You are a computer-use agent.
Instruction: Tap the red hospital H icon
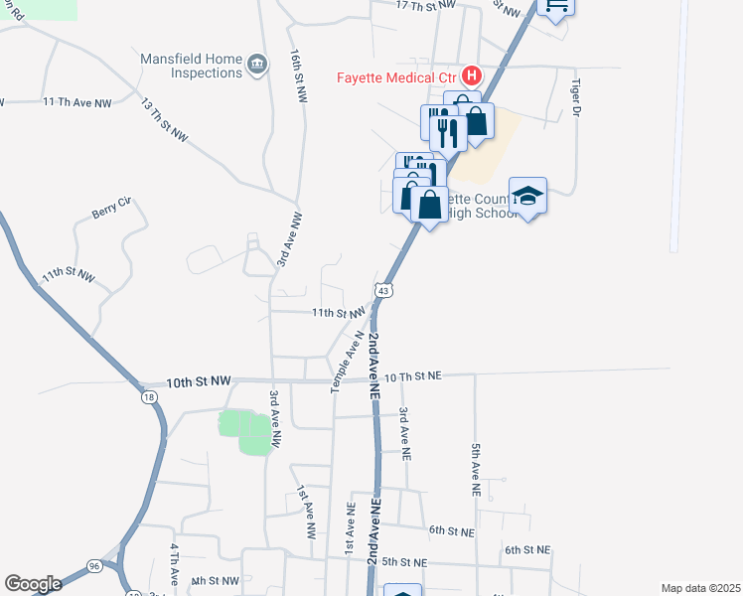[x=471, y=75]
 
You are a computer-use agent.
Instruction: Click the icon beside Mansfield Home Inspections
[x=258, y=66]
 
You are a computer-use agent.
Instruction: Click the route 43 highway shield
[x=383, y=289]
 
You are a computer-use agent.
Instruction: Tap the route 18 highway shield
[x=149, y=396]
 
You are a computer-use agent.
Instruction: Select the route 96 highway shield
[x=94, y=566]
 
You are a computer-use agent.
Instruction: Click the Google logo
[x=33, y=584]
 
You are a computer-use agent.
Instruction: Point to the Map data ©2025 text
[x=700, y=588]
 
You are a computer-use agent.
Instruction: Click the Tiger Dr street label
[x=575, y=98]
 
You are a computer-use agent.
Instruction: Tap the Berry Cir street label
[x=111, y=212]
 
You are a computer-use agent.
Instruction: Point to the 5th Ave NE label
[x=476, y=470]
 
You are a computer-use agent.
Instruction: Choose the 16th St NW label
[x=297, y=74]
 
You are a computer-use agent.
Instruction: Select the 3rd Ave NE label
[x=404, y=431]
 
